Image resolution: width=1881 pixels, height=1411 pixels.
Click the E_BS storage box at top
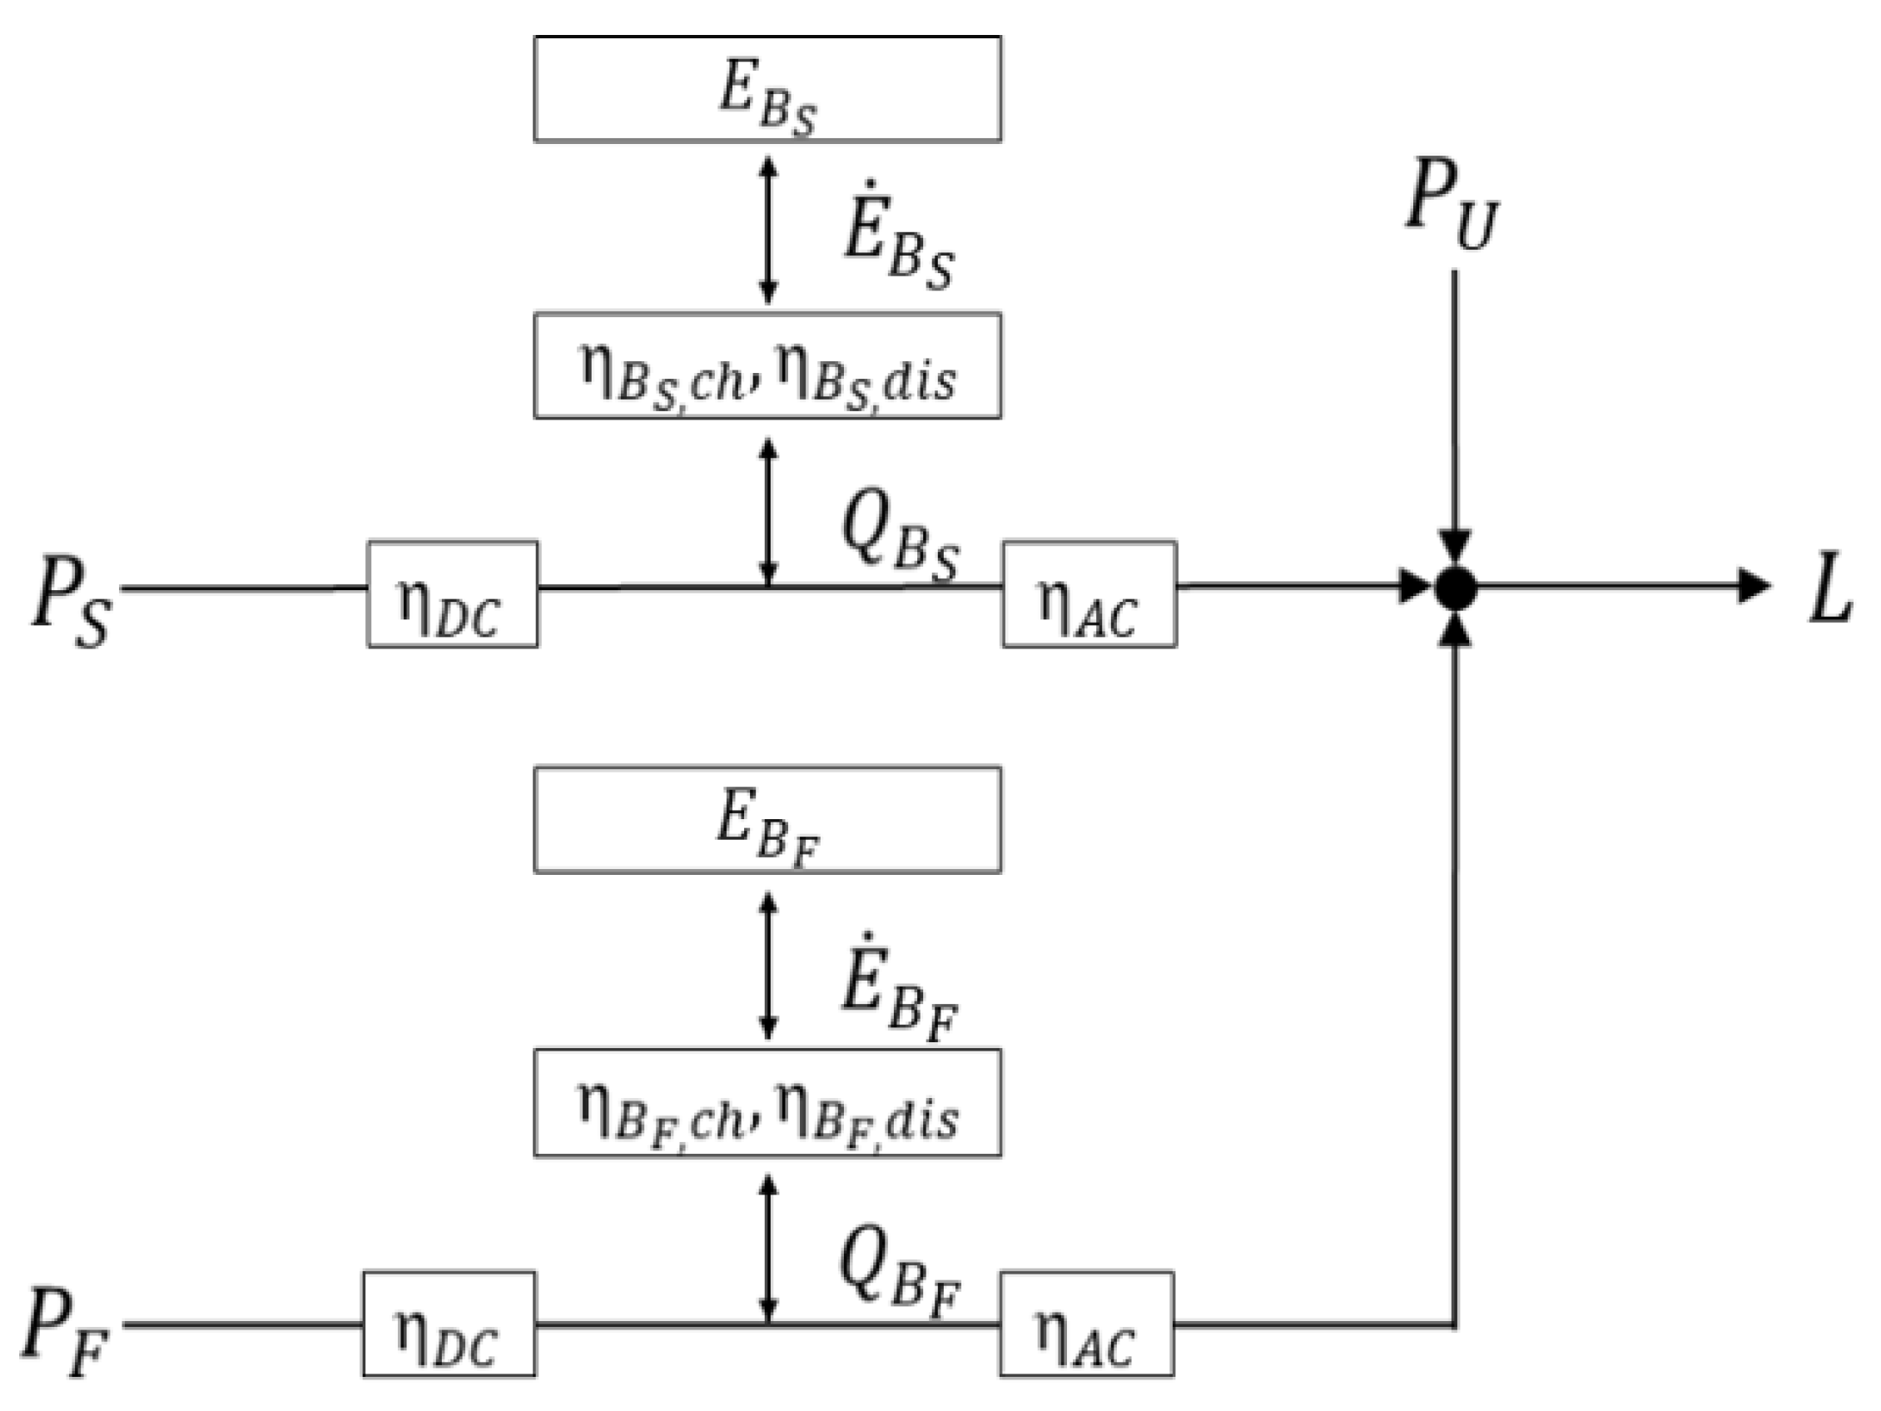767,88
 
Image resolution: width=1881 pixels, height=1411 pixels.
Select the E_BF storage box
767,820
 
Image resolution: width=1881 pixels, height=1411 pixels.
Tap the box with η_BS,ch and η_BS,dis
767,365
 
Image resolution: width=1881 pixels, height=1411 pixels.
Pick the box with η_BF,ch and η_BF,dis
767,1103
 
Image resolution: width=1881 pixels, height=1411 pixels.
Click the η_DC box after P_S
453,594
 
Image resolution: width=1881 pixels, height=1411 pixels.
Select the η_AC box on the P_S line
1089,594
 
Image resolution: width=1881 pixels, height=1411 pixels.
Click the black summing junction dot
1455,587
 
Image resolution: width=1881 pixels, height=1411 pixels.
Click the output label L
1829,589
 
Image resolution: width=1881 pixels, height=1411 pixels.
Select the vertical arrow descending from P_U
1454,408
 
